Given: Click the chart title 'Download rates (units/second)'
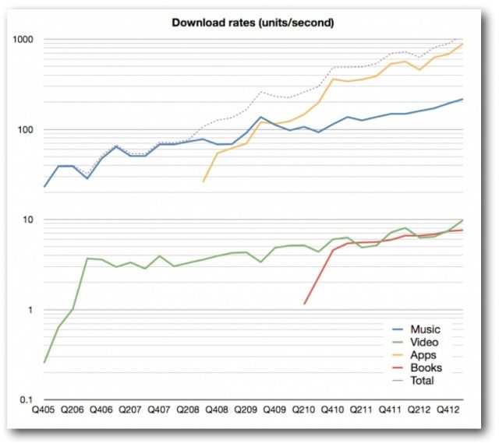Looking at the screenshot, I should [253, 23].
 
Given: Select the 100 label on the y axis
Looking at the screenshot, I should [34, 130].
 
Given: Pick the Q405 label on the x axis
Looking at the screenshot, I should [44, 408].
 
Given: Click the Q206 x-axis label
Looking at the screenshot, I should [73, 408].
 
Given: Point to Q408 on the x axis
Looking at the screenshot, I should [217, 408].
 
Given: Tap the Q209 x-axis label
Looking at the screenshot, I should [246, 408].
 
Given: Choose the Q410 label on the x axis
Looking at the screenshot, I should [332, 408].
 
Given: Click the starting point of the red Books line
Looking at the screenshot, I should [305, 304].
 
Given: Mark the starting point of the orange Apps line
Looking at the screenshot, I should [203, 181].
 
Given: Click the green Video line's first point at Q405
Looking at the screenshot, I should [44, 363].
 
